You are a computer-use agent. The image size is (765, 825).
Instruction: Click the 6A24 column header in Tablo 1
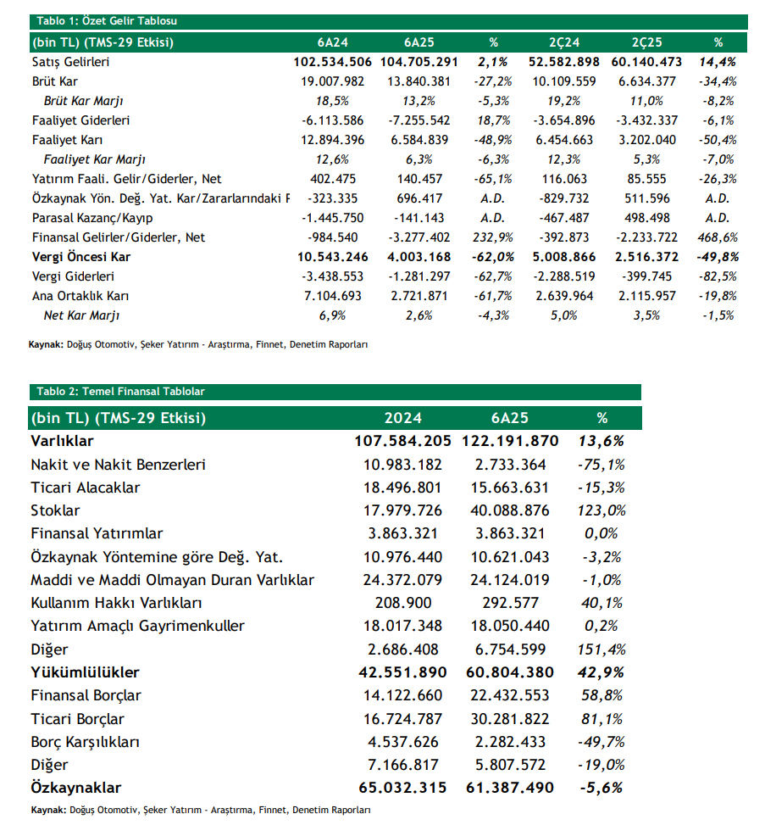point(333,42)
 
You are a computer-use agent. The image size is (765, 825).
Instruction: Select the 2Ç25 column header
point(647,42)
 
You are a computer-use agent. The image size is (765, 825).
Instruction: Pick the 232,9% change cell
point(494,237)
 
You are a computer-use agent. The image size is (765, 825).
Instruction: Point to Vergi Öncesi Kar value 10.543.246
point(333,257)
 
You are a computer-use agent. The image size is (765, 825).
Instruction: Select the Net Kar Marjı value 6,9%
point(333,315)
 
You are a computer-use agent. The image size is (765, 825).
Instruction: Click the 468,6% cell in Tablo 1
point(718,237)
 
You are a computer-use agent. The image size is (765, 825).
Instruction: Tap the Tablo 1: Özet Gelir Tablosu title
point(106,21)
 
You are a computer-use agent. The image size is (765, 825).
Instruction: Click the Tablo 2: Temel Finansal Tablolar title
point(119,392)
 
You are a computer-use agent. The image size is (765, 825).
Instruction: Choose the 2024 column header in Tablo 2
point(402,418)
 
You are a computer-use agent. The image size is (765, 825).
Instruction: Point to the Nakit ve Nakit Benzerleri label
point(118,465)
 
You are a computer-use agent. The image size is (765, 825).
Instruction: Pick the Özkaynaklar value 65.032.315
point(402,788)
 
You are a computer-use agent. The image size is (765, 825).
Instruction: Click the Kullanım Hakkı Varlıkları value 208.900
point(402,603)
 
